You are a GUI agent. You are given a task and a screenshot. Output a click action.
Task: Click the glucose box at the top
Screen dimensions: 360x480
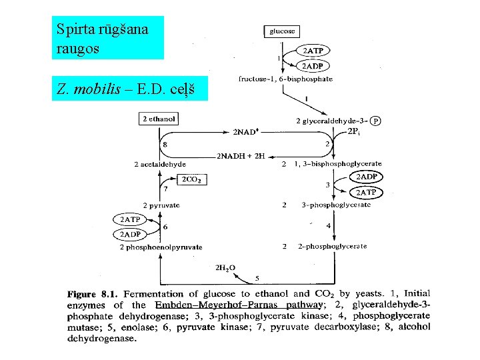(282, 31)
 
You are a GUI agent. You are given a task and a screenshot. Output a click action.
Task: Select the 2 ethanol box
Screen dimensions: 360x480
(159, 119)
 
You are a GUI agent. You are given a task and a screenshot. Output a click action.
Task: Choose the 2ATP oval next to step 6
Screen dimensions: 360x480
(129, 219)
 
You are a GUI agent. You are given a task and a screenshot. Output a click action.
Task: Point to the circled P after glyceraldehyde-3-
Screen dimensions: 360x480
(376, 121)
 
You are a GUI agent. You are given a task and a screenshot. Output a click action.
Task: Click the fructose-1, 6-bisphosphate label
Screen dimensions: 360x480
(285, 79)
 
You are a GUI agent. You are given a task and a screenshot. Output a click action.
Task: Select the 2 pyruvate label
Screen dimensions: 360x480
(161, 205)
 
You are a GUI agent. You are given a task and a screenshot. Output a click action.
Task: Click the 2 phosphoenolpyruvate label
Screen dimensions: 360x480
(160, 247)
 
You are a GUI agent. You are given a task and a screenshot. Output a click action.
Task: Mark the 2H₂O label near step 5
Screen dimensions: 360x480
(225, 267)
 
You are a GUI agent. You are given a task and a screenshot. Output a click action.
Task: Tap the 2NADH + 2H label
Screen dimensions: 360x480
(241, 156)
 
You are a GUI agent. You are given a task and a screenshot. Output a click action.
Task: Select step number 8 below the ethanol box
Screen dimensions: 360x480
(165, 145)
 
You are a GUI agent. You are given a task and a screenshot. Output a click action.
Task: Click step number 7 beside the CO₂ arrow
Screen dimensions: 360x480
(165, 189)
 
